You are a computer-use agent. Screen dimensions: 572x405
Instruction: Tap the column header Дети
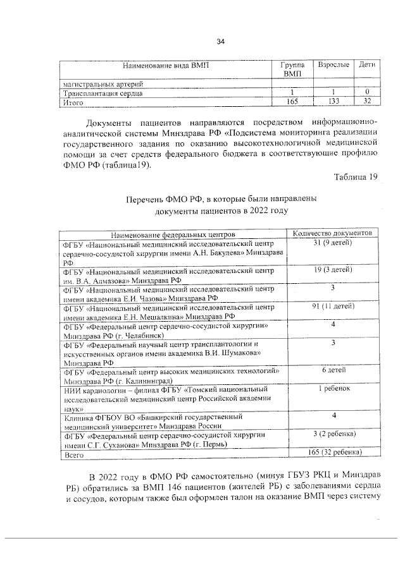click(367, 65)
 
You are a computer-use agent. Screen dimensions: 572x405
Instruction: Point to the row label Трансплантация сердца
click(102, 93)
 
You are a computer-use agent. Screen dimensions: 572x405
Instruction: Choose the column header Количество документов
click(333, 233)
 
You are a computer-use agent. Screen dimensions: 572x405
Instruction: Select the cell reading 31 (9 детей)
click(333, 243)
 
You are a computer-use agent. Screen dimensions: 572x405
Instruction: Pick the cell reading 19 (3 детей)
click(333, 270)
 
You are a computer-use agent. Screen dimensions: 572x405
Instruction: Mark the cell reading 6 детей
click(333, 370)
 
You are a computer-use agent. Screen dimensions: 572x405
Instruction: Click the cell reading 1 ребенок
click(333, 388)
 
